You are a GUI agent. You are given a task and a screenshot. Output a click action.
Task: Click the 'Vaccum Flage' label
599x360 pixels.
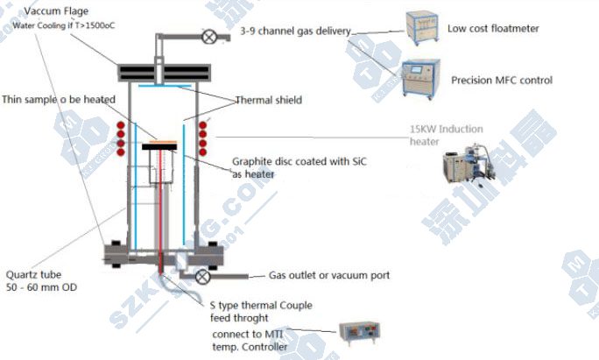54,11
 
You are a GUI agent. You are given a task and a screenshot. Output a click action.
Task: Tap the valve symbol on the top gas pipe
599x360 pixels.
209,36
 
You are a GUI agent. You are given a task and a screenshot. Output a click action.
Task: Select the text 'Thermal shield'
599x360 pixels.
268,100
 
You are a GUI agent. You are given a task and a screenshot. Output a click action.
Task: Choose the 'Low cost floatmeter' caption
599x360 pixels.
493,28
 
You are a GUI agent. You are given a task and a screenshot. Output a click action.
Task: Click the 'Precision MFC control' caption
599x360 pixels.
502,81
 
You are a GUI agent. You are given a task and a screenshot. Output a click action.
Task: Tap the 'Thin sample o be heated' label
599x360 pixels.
59,100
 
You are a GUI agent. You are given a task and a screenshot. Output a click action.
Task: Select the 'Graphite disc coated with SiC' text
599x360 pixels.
278,162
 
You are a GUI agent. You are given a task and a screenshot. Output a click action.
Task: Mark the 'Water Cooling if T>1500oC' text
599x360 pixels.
64,25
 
